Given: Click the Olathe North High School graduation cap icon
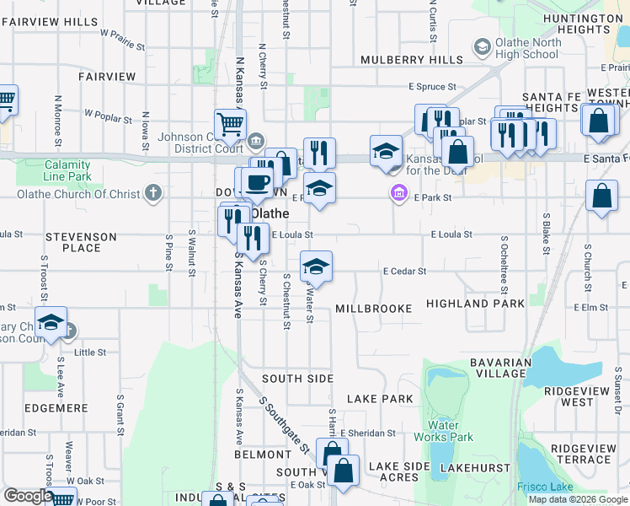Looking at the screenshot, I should (483, 46).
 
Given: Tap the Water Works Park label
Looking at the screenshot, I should (443, 431).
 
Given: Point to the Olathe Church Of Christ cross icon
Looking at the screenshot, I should (152, 194).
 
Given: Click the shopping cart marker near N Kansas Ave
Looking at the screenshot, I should (229, 126).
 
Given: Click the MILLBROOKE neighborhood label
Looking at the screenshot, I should (374, 309).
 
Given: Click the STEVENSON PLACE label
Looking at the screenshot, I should (85, 243).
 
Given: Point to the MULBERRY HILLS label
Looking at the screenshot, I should (412, 60).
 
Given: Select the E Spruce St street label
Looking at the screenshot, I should (432, 86).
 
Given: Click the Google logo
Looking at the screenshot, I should (28, 496).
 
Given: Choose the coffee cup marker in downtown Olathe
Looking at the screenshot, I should (257, 183).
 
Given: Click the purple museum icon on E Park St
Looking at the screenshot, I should (398, 195).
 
